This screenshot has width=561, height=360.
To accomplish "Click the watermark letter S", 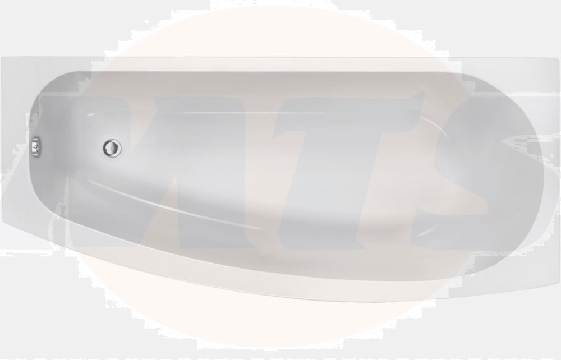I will pos(477,168).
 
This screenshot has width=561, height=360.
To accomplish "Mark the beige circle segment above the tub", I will pos(280,28).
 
